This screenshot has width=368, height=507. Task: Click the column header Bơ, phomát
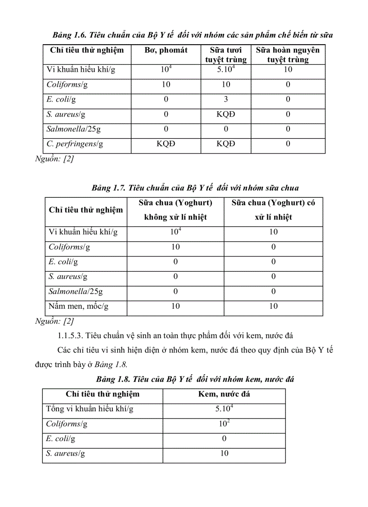point(166,50)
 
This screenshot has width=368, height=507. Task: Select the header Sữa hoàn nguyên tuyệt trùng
point(288,54)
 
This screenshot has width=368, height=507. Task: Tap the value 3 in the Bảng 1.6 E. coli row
point(226,99)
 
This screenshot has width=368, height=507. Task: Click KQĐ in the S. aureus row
point(226,114)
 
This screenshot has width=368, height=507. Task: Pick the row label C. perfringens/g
point(75,144)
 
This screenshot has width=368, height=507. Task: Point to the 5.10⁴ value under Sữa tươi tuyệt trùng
point(226,70)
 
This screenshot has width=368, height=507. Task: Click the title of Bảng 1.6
point(193,35)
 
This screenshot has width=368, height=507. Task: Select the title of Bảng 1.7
point(195,187)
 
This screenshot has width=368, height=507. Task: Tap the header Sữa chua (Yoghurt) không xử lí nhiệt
point(175,209)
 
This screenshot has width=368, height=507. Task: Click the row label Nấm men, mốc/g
point(78,306)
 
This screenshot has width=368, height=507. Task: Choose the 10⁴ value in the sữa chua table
point(175,232)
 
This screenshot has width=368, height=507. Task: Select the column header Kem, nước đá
point(224,394)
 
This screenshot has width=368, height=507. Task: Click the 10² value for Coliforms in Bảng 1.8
point(224,424)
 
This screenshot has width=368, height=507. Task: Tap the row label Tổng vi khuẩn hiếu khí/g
point(90,409)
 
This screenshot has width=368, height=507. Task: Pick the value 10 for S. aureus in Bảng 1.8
point(224,453)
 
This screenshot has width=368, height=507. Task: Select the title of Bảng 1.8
point(195,379)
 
